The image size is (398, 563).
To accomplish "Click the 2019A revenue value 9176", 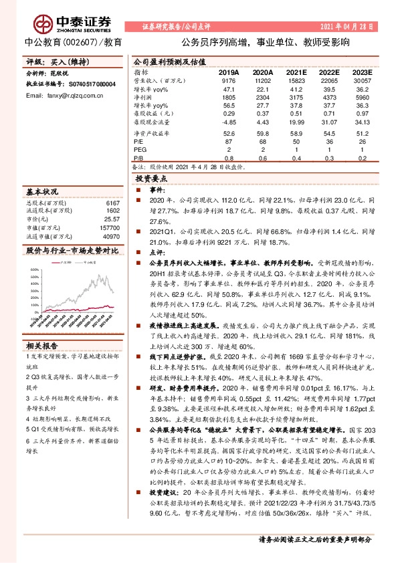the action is point(229,80).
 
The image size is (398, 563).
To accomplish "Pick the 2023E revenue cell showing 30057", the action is point(361,80).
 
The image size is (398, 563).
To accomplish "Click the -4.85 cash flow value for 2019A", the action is point(229,122).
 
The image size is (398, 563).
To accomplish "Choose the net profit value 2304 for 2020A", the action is point(262,97).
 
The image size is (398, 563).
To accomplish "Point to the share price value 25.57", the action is point(111,219).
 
